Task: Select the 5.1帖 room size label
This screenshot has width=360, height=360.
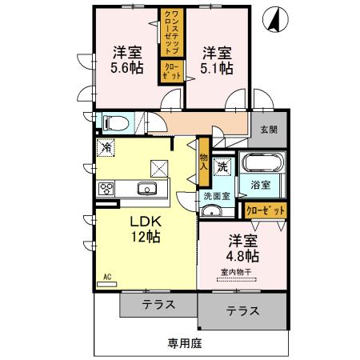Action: pos(218,69)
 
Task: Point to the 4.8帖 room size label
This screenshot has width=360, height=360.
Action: pos(242,256)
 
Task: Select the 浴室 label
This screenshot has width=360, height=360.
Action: pos(260,185)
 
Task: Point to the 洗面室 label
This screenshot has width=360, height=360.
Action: pos(215,194)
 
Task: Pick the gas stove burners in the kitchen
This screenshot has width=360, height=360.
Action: pos(106,189)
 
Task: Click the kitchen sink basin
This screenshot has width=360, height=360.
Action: pos(146,189)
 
